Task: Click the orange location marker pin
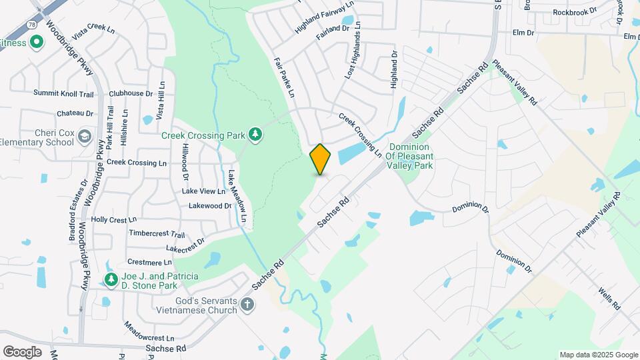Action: click(x=321, y=159)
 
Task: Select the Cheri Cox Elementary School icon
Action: click(x=84, y=137)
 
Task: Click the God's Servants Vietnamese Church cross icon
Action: click(x=247, y=305)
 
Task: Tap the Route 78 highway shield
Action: click(x=31, y=24)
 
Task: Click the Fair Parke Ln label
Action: click(x=284, y=77)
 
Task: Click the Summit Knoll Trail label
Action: click(x=64, y=94)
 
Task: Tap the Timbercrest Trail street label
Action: click(x=157, y=234)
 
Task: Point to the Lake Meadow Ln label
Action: click(x=237, y=195)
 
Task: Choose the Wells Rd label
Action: click(x=609, y=299)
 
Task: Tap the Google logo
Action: click(x=22, y=352)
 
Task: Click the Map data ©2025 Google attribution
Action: click(x=599, y=355)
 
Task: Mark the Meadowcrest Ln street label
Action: click(x=149, y=332)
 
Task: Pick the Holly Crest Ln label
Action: click(x=113, y=219)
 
